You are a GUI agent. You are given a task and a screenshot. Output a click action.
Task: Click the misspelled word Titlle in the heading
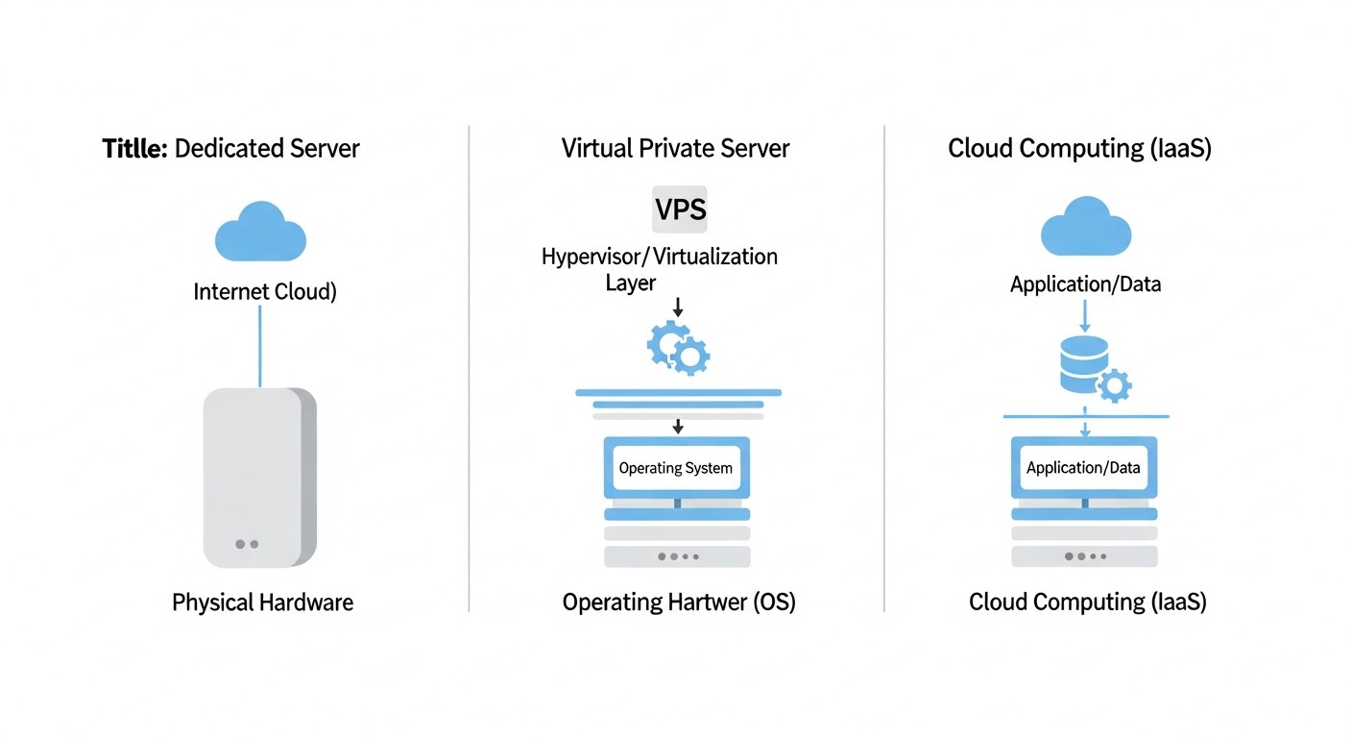[134, 149]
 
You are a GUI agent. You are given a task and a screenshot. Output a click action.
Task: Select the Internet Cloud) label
[265, 292]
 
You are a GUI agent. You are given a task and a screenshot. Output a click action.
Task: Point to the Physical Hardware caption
[262, 603]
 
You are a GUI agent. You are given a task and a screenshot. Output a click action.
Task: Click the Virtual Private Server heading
[675, 149]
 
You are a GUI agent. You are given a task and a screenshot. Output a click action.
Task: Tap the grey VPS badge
[680, 210]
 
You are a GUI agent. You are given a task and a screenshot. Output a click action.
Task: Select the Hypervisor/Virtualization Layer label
[659, 269]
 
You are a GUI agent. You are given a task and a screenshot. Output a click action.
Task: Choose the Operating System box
[676, 469]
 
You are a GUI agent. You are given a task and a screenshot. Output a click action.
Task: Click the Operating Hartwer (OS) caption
[679, 603]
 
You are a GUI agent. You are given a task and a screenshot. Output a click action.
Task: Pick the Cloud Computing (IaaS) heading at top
[1079, 149]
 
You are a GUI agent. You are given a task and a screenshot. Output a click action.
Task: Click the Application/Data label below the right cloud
[1085, 284]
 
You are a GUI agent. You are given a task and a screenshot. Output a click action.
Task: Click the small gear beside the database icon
[1114, 386]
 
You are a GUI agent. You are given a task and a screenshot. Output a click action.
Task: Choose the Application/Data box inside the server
[1083, 468]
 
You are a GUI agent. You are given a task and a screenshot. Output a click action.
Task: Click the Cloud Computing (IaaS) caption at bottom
[1087, 603]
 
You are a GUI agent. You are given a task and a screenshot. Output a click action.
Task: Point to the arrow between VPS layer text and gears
[678, 307]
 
